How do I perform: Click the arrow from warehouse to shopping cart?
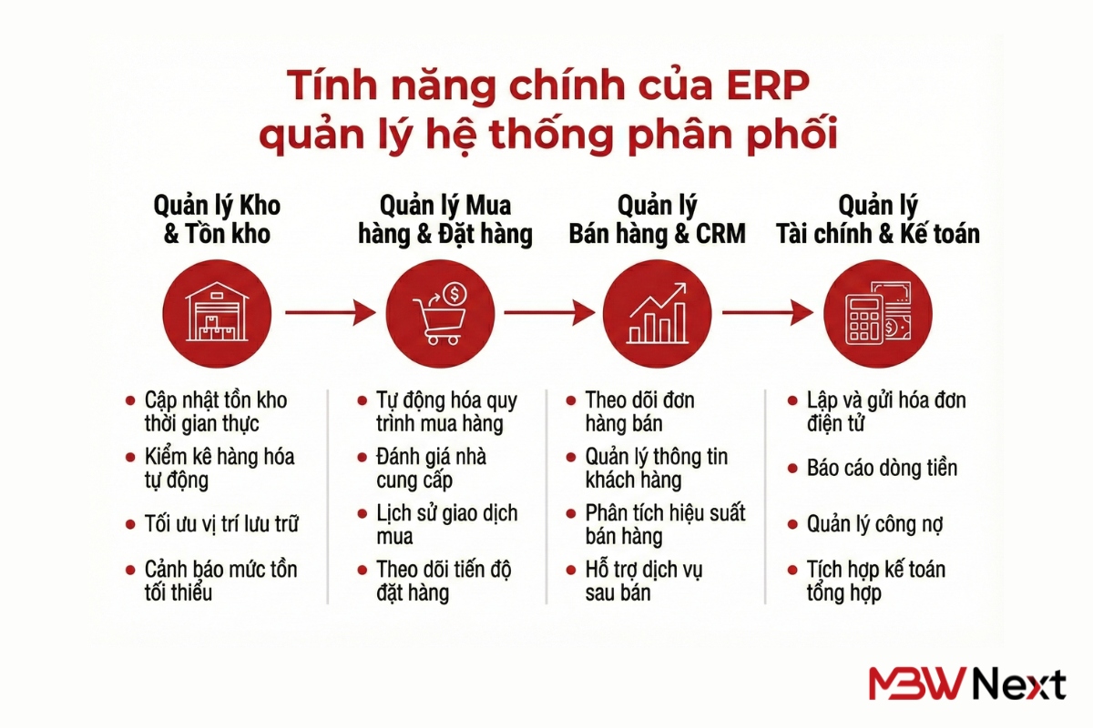tap(329, 313)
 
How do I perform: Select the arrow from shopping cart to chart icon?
tap(548, 313)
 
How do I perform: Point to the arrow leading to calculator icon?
tap(767, 313)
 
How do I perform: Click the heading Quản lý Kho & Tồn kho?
tap(217, 219)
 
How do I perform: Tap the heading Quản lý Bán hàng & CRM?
tap(657, 219)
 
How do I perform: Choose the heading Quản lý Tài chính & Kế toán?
tap(877, 219)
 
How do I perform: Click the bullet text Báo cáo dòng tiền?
tap(882, 469)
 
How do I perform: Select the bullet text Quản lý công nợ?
tap(874, 524)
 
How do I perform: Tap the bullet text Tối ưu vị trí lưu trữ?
tap(221, 524)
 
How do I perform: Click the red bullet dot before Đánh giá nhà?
tap(361, 457)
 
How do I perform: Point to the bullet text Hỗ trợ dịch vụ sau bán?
tap(643, 581)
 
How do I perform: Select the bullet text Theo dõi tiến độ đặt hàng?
tap(444, 581)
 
